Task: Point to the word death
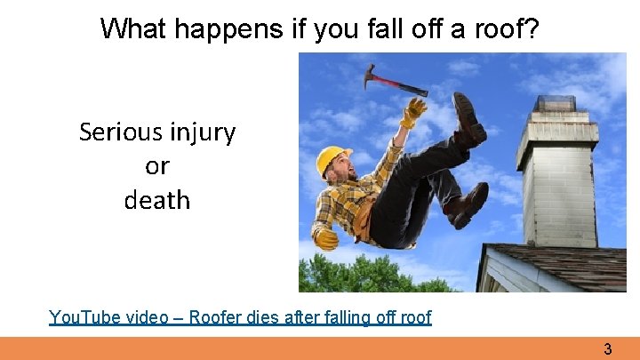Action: coord(157,200)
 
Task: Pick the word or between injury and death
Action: coord(156,166)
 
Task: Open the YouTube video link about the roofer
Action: coord(240,317)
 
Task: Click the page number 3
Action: coord(608,349)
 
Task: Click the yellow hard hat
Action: coord(332,160)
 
